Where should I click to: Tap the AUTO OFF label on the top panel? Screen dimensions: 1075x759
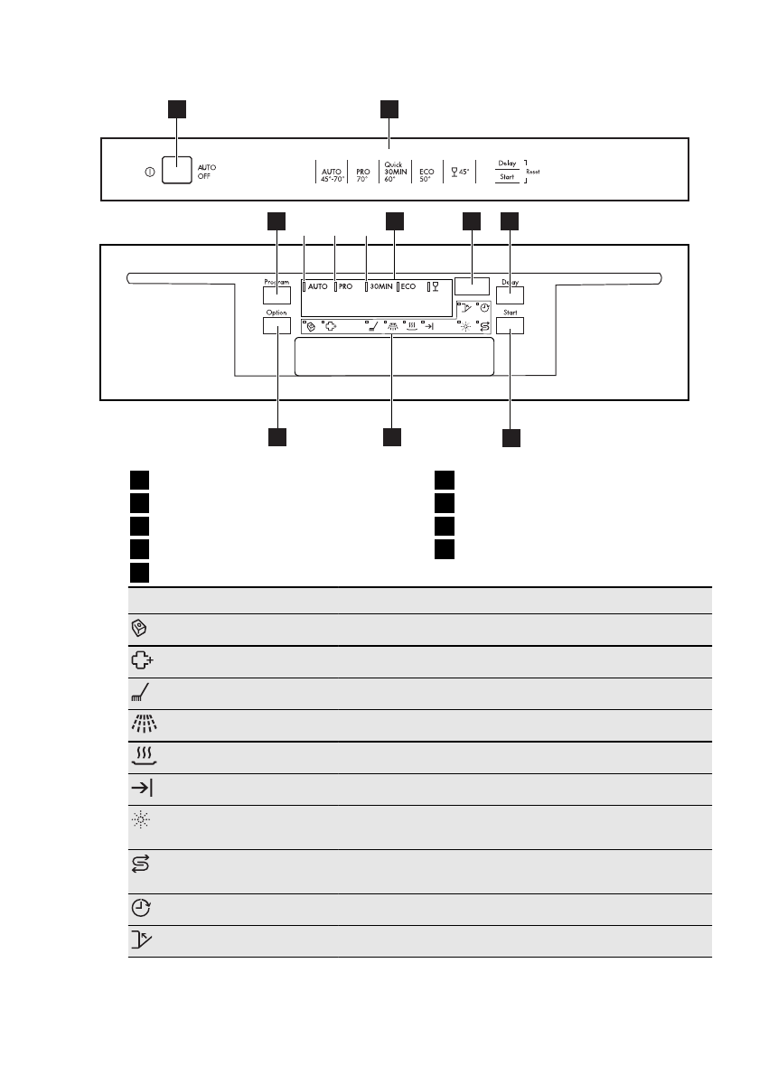pos(207,172)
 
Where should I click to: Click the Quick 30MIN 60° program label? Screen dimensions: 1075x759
pos(391,171)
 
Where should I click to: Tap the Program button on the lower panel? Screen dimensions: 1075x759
pos(276,294)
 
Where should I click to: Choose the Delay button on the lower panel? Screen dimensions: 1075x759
pos(511,294)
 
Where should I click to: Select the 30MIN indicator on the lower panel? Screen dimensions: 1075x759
pos(380,286)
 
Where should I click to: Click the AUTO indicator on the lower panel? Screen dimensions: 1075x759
pos(318,286)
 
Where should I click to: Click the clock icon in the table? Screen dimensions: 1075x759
pos(140,909)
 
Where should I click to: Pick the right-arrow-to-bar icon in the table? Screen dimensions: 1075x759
pos(141,789)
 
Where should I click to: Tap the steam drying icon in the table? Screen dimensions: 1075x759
pos(140,757)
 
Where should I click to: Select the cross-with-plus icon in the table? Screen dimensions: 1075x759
pos(141,661)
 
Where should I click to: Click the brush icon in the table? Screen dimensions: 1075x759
pos(140,693)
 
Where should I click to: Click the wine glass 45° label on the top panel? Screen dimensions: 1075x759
pos(460,172)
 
